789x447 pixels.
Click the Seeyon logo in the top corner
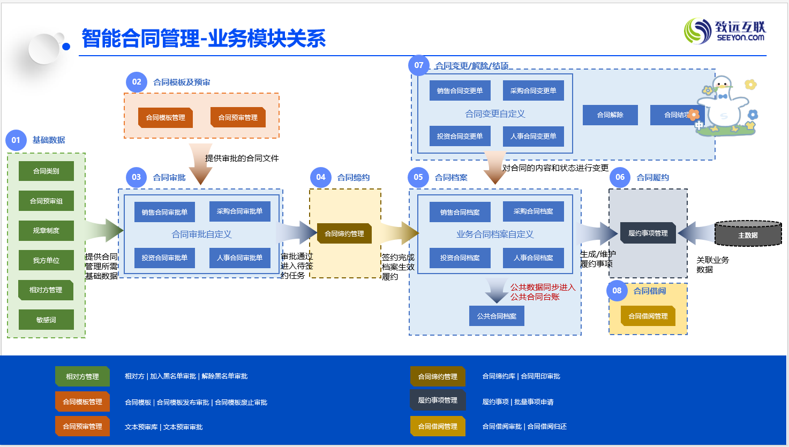[x=725, y=31]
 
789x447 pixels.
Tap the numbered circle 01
[x=16, y=140]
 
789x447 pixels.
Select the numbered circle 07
[x=419, y=65]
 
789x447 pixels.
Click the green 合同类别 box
[x=46, y=171]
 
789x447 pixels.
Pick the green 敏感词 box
[x=46, y=320]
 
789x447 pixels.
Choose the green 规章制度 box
[x=46, y=231]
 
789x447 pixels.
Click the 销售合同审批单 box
[x=164, y=213]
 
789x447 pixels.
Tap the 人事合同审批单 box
[x=239, y=258]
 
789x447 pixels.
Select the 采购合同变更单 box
[x=533, y=91]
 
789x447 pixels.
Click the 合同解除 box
[x=610, y=115]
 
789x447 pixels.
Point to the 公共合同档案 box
[x=497, y=316]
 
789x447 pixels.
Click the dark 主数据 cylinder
[x=748, y=234]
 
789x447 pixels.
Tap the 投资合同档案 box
[x=460, y=258]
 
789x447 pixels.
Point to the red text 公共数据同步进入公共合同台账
[x=542, y=292]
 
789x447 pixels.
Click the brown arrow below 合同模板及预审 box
[x=201, y=162]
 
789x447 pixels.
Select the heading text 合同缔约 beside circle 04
[x=354, y=178]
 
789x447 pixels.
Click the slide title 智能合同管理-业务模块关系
[x=204, y=39]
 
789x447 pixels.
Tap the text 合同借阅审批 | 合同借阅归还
[x=524, y=427]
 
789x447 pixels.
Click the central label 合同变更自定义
[x=495, y=114]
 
